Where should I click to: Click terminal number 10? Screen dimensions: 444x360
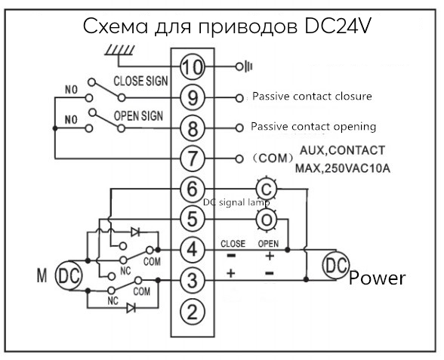193,66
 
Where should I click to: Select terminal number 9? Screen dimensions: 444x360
193,97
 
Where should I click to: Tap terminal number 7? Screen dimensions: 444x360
193,158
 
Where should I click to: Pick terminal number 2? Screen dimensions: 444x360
193,312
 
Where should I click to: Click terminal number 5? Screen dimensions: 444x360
193,219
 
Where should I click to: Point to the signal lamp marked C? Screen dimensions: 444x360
266,189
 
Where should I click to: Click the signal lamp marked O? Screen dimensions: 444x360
266,220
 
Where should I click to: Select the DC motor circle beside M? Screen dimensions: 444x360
68,275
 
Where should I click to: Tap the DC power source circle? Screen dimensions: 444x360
336,265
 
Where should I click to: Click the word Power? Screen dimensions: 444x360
377,278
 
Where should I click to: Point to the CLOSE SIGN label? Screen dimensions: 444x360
140,82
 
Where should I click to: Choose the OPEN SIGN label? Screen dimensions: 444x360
138,116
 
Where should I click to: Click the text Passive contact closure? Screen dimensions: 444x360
312,97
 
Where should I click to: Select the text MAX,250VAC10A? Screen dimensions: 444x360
343,169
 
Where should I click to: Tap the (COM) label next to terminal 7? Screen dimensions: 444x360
273,158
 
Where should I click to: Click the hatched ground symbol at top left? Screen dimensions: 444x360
119,51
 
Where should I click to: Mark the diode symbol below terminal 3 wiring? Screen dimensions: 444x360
131,307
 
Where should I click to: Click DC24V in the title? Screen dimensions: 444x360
338,26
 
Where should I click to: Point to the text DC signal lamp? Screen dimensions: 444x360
237,202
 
